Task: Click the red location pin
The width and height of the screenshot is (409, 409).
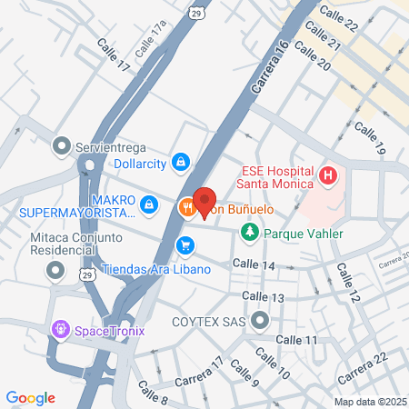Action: coord(204,203)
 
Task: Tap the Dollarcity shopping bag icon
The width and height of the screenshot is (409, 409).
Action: coord(181,161)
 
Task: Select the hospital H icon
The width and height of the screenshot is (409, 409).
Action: coord(329,174)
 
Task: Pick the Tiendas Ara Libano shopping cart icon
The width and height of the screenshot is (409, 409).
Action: coord(185,244)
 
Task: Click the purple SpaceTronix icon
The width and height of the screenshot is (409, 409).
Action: coord(62,328)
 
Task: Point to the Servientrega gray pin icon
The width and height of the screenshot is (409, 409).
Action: coord(62,145)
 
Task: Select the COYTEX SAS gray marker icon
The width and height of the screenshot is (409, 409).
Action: coord(262,320)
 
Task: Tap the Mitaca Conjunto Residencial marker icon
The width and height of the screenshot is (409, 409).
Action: coord(56,269)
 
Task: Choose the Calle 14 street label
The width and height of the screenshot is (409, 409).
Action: coord(254,264)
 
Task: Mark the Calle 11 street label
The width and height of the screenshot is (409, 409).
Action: coord(298,339)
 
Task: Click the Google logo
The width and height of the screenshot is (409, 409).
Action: coord(31,397)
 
